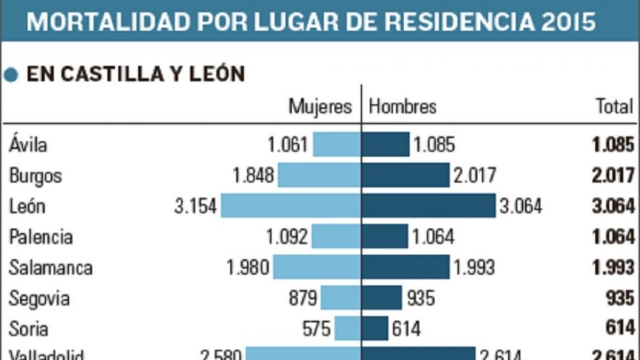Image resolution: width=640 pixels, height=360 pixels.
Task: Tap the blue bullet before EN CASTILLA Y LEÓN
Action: click(x=11, y=75)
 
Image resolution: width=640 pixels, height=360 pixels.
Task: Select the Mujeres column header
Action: click(x=320, y=107)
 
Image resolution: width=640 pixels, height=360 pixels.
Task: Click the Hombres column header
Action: click(x=403, y=107)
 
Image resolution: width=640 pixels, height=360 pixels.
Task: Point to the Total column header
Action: click(x=614, y=107)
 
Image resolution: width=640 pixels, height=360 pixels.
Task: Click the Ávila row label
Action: click(x=28, y=145)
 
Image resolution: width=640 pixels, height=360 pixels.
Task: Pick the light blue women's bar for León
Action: click(x=291, y=206)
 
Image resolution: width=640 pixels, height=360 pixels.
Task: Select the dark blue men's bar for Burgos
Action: click(x=406, y=175)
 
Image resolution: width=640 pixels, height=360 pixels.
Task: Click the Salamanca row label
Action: click(x=51, y=267)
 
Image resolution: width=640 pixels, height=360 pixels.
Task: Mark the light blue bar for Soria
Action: click(x=348, y=328)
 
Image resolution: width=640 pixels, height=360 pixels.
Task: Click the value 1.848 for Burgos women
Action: click(x=253, y=175)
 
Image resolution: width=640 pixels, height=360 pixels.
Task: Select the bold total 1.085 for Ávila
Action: click(x=613, y=145)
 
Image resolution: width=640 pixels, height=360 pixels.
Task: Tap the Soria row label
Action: click(x=28, y=328)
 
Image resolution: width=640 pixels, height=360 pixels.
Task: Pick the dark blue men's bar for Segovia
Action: click(x=382, y=298)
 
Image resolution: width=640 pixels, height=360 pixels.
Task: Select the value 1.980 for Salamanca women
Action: click(x=248, y=267)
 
